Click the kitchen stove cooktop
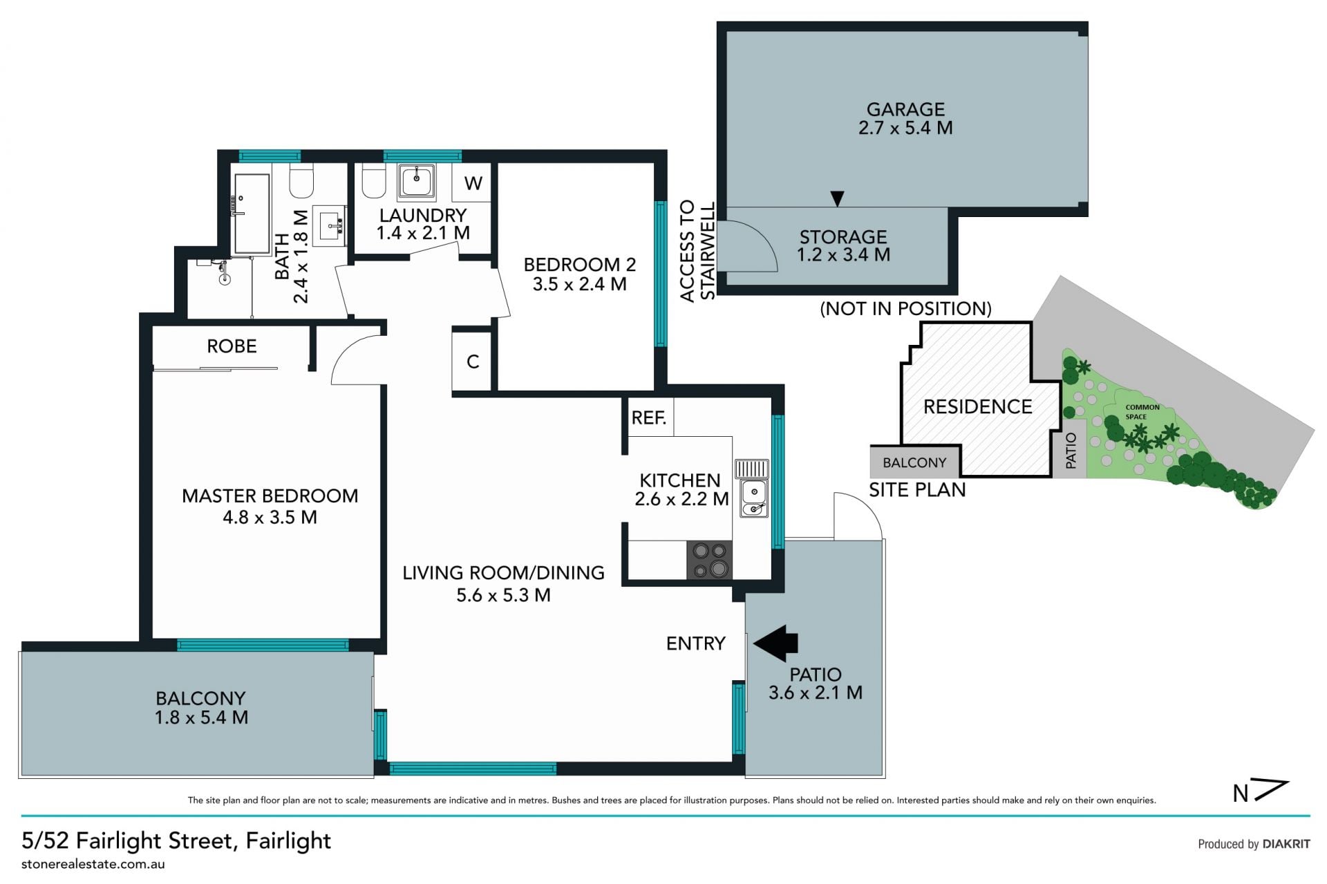(x=709, y=560)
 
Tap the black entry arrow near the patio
(x=775, y=643)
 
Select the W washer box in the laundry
(x=472, y=182)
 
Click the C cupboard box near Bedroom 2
(x=472, y=361)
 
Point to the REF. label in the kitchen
(x=648, y=417)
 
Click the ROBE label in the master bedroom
(x=232, y=346)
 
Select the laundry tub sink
(x=416, y=181)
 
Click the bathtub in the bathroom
(x=252, y=214)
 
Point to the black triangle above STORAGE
(x=837, y=198)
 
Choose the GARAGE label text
(x=905, y=109)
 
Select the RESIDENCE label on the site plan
(x=977, y=406)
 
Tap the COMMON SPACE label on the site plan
(x=1142, y=412)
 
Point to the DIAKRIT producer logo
(x=1286, y=844)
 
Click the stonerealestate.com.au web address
(x=93, y=864)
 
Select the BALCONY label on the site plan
(x=914, y=462)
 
